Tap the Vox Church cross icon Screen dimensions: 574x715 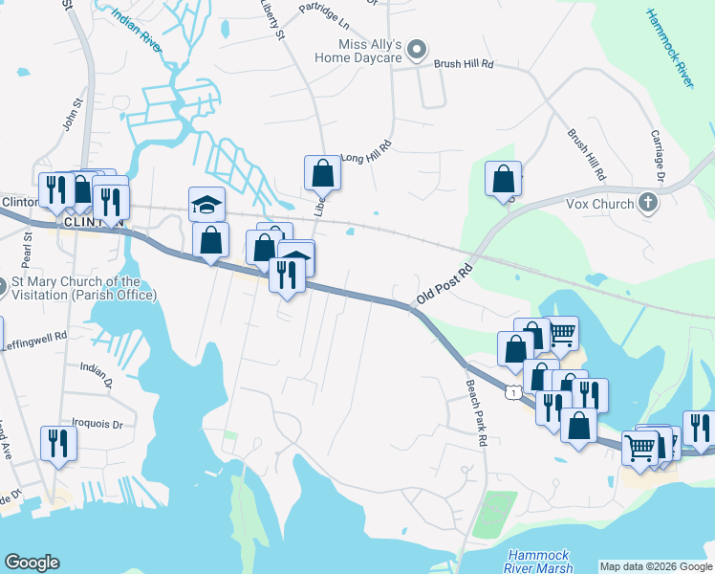pyautogui.click(x=648, y=203)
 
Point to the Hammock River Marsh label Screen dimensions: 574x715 pyautogui.click(x=540, y=561)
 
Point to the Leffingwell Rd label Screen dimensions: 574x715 pyautogui.click(x=33, y=337)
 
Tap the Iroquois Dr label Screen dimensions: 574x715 pyautogui.click(x=97, y=422)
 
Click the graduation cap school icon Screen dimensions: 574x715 pyautogui.click(x=206, y=203)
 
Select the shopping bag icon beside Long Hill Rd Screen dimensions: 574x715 pyautogui.click(x=323, y=173)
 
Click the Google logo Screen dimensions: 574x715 pyautogui.click(x=32, y=563)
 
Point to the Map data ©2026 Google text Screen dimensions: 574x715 pyautogui.click(x=655, y=566)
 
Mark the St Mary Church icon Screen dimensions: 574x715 pyautogui.click(x=1, y=285)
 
